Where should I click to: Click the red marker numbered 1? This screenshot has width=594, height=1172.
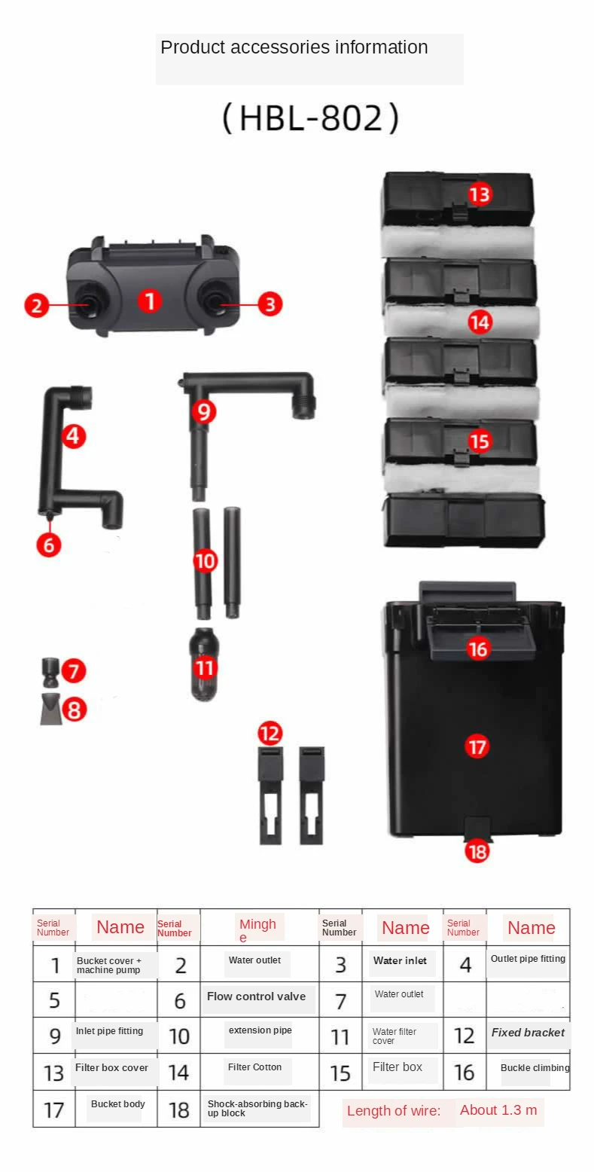coord(150,302)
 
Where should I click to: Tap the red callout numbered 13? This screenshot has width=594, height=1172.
coord(479,194)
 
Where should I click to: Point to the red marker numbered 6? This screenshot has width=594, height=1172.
coord(49,544)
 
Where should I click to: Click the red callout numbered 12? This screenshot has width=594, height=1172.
coord(270,732)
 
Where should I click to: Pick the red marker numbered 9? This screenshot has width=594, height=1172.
coord(203,411)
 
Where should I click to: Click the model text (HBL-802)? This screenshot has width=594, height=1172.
coord(310,118)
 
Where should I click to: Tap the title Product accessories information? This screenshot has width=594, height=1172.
coord(294,47)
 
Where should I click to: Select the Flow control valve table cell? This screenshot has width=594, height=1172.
coord(257,997)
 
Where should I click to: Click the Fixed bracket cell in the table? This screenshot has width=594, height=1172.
coord(528,1033)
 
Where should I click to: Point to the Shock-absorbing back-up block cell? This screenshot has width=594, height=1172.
coord(257,1108)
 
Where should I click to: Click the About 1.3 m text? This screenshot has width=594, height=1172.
coord(498,1110)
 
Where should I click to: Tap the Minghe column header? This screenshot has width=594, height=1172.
coord(257,929)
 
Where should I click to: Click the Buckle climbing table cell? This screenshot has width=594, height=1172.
coord(535,1068)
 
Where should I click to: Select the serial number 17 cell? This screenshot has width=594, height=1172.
coord(54,1109)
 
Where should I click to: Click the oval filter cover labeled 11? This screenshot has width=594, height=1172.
coord(203,665)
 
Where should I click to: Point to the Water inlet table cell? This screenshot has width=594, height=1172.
coord(400,960)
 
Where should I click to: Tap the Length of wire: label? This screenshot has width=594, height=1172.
coord(394,1111)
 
